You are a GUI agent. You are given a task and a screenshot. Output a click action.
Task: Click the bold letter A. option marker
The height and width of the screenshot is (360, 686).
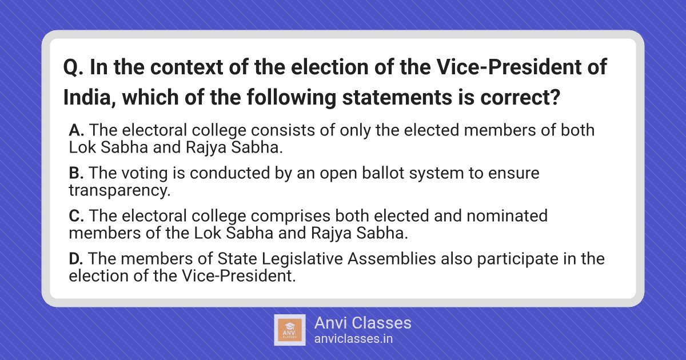click(x=77, y=130)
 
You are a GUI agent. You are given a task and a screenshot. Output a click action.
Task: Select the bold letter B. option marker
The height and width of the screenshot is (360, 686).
click(x=76, y=173)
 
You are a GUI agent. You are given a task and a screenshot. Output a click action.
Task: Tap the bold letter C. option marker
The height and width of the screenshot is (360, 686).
click(x=77, y=216)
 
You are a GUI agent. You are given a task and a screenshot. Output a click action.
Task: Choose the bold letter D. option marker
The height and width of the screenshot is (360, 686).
click(x=76, y=259)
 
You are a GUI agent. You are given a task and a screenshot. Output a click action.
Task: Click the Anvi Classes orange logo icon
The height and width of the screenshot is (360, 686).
click(x=290, y=330)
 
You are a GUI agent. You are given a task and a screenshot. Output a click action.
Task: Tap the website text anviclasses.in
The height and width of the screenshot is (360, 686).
click(x=353, y=339)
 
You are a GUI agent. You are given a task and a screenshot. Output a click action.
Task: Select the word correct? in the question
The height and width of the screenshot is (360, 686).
click(x=520, y=98)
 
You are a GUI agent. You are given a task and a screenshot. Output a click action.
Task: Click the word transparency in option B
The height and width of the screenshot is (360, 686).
click(x=119, y=191)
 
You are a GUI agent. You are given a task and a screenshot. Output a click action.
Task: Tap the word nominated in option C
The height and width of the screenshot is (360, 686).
click(x=507, y=216)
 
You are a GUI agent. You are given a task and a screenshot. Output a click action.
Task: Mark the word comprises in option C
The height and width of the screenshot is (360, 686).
click(x=290, y=217)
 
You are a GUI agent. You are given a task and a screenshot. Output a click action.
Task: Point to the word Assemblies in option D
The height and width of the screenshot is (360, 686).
click(x=392, y=259)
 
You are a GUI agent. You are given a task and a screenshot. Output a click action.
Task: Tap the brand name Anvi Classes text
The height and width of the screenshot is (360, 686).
click(x=363, y=323)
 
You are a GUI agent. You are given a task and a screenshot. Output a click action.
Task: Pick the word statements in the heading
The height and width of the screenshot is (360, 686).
click(x=397, y=98)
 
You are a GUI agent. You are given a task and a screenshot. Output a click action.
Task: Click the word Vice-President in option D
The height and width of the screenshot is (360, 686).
click(x=239, y=276)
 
